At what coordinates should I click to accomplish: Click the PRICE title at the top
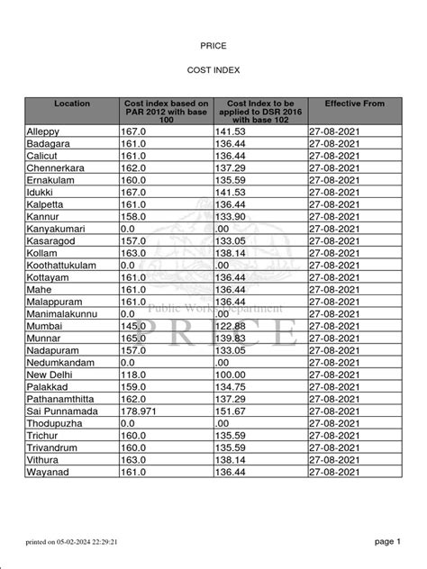(x=213, y=44)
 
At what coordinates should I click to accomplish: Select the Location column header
(x=72, y=104)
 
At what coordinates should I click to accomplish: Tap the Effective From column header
(x=354, y=104)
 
